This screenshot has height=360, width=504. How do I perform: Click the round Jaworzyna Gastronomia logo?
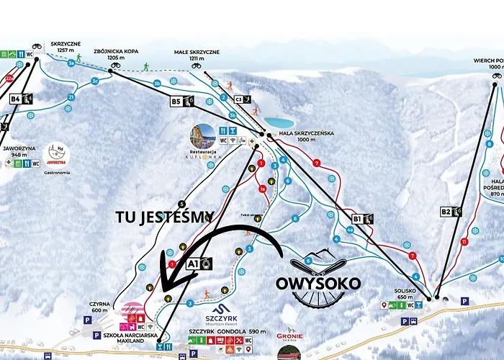[55, 153]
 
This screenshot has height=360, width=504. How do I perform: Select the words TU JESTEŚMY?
[165, 215]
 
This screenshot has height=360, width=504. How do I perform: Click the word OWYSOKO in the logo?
[318, 283]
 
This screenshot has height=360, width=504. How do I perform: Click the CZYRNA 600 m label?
[100, 306]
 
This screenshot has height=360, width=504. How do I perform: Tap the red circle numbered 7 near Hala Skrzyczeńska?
[316, 163]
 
